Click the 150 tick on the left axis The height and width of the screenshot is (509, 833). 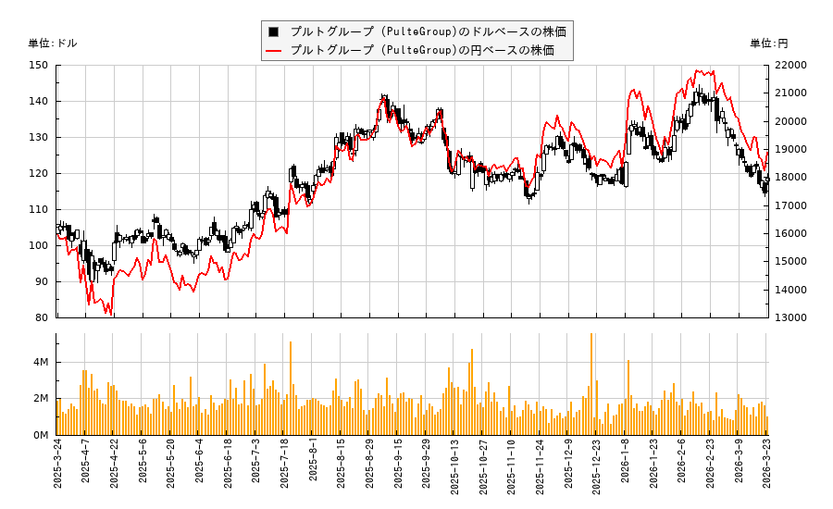39,65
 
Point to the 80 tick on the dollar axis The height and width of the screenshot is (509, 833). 42,317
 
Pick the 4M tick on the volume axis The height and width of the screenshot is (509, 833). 41,362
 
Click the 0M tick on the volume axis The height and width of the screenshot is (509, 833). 41,435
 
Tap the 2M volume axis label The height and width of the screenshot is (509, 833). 41,399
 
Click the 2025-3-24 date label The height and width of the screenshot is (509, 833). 57,471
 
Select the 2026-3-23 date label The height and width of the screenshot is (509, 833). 768,471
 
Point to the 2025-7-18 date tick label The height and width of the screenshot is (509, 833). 285,471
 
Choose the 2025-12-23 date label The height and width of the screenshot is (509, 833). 597,473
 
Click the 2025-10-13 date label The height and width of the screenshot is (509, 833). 455,473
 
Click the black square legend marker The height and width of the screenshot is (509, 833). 274,31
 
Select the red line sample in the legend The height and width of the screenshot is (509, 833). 274,50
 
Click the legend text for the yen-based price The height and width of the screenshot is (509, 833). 422,50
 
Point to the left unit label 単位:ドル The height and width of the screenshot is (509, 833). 53,43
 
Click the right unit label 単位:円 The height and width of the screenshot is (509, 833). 769,43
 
